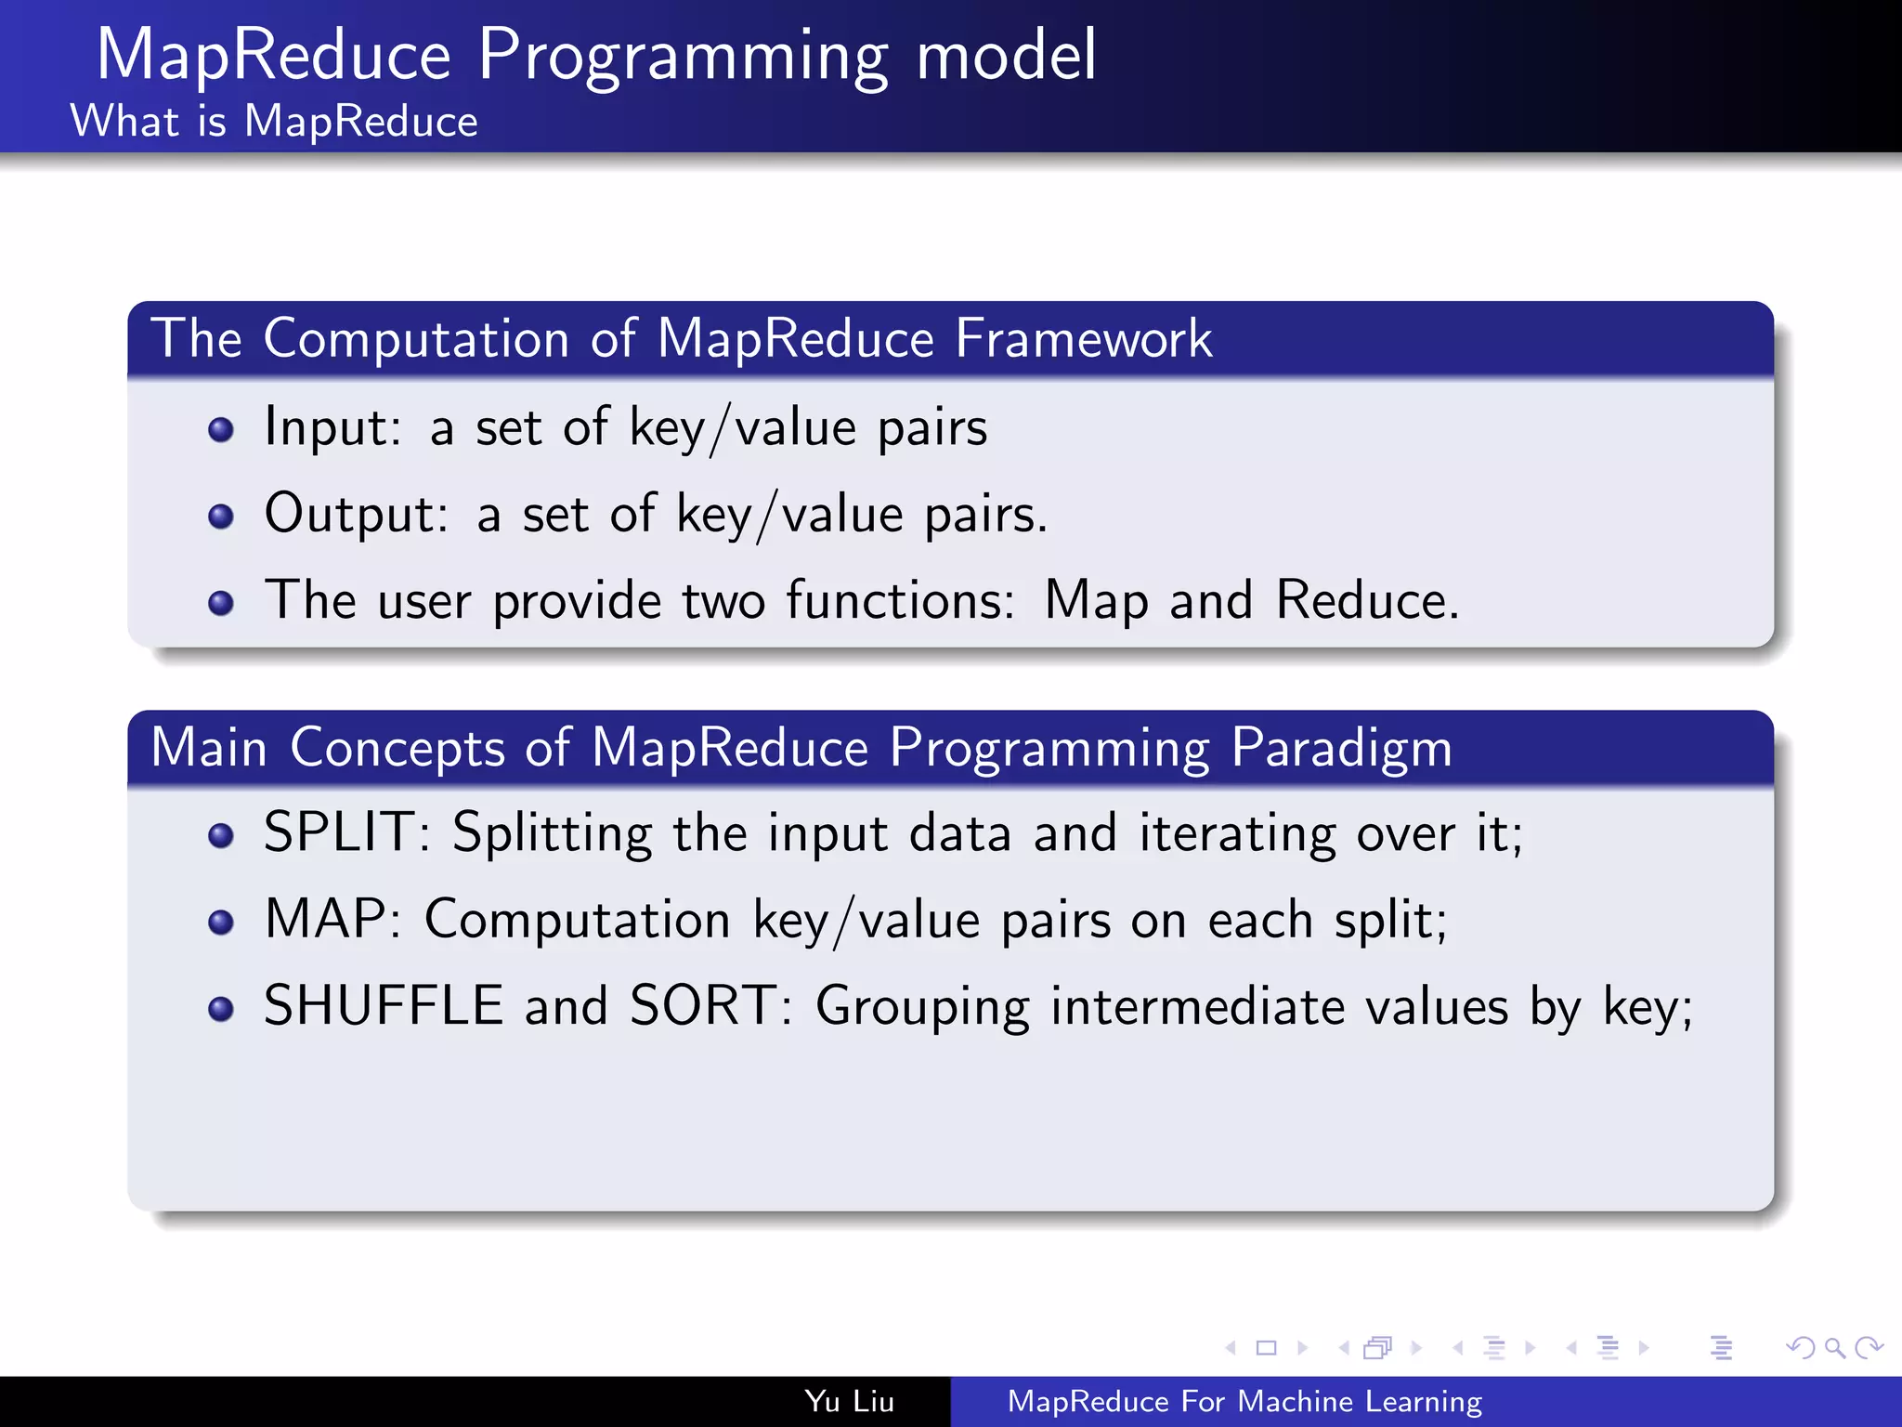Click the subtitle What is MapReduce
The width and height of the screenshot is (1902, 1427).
click(274, 122)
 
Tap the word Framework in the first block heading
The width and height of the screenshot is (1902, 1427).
click(1083, 338)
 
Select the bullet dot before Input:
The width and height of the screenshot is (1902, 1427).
click(221, 430)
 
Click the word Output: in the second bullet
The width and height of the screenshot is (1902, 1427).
click(357, 514)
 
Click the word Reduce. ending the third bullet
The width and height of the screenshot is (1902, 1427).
click(1366, 600)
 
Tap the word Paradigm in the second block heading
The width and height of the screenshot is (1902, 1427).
click(1341, 749)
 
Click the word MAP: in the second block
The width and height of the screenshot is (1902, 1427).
click(332, 920)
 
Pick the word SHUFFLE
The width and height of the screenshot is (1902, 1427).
click(384, 1006)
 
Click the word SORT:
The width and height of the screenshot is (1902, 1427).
click(710, 1006)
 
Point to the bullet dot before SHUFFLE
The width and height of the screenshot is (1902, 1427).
click(221, 1009)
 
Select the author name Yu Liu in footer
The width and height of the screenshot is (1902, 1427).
click(849, 1401)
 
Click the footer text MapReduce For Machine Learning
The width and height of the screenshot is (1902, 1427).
click(1244, 1401)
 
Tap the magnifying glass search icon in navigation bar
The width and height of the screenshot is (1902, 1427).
click(1834, 1347)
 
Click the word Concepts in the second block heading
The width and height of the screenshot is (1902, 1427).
click(397, 749)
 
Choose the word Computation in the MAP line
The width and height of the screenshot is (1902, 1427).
click(577, 920)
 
